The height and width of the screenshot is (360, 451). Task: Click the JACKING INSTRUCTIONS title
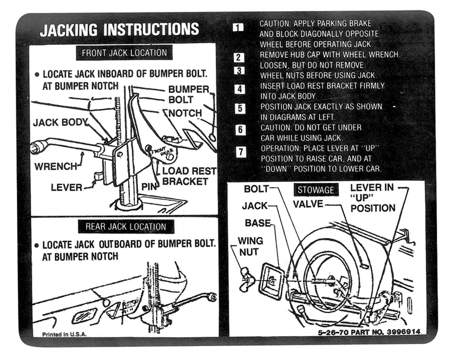tap(119, 30)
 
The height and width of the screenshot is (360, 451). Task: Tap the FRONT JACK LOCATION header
tap(124, 53)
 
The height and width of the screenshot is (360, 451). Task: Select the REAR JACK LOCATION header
tap(126, 226)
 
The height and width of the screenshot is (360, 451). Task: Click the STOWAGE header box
tap(316, 190)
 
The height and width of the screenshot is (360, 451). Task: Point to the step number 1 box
tap(238, 27)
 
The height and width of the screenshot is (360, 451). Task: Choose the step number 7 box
tap(241, 152)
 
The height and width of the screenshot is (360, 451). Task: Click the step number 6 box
tap(240, 130)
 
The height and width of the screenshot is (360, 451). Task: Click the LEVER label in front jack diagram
tap(66, 187)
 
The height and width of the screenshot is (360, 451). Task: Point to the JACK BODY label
tap(60, 122)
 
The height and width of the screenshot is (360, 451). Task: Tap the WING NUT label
tap(251, 246)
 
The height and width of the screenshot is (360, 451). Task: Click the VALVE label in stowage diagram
tap(308, 204)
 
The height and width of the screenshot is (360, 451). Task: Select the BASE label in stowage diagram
tap(257, 223)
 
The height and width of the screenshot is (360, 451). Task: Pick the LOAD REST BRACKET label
tap(189, 176)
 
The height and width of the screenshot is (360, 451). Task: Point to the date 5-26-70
tap(331, 332)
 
